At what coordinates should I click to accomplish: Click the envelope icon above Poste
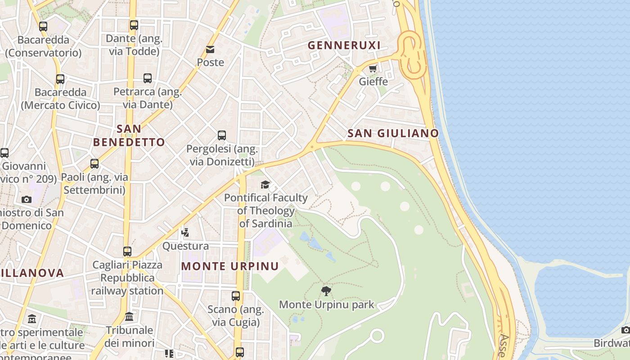[x=210, y=49]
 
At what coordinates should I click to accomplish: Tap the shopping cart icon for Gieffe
[x=373, y=69]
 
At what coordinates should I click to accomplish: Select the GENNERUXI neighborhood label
[x=344, y=45]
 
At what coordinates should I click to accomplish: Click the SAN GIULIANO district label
[x=393, y=133]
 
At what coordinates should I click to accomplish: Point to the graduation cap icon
[x=265, y=185]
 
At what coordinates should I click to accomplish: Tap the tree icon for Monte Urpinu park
[x=326, y=291]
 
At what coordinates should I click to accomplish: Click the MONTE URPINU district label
[x=230, y=266]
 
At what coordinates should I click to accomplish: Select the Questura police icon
[x=185, y=233]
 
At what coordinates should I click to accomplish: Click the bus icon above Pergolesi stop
[x=222, y=135]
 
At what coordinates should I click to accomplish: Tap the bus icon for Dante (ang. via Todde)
[x=134, y=25]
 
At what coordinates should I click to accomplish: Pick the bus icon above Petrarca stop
[x=148, y=78]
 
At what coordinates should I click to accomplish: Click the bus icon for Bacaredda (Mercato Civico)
[x=60, y=79]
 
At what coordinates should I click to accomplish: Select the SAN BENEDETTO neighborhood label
[x=129, y=135]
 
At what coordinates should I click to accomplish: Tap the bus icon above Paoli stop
[x=94, y=164]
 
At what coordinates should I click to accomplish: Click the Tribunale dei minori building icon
[x=129, y=317]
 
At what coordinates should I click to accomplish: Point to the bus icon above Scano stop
[x=236, y=296]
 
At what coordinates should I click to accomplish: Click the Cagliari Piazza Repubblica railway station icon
[x=127, y=252]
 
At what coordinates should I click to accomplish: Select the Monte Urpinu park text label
[x=326, y=305]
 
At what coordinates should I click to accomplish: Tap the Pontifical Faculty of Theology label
[x=266, y=210]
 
